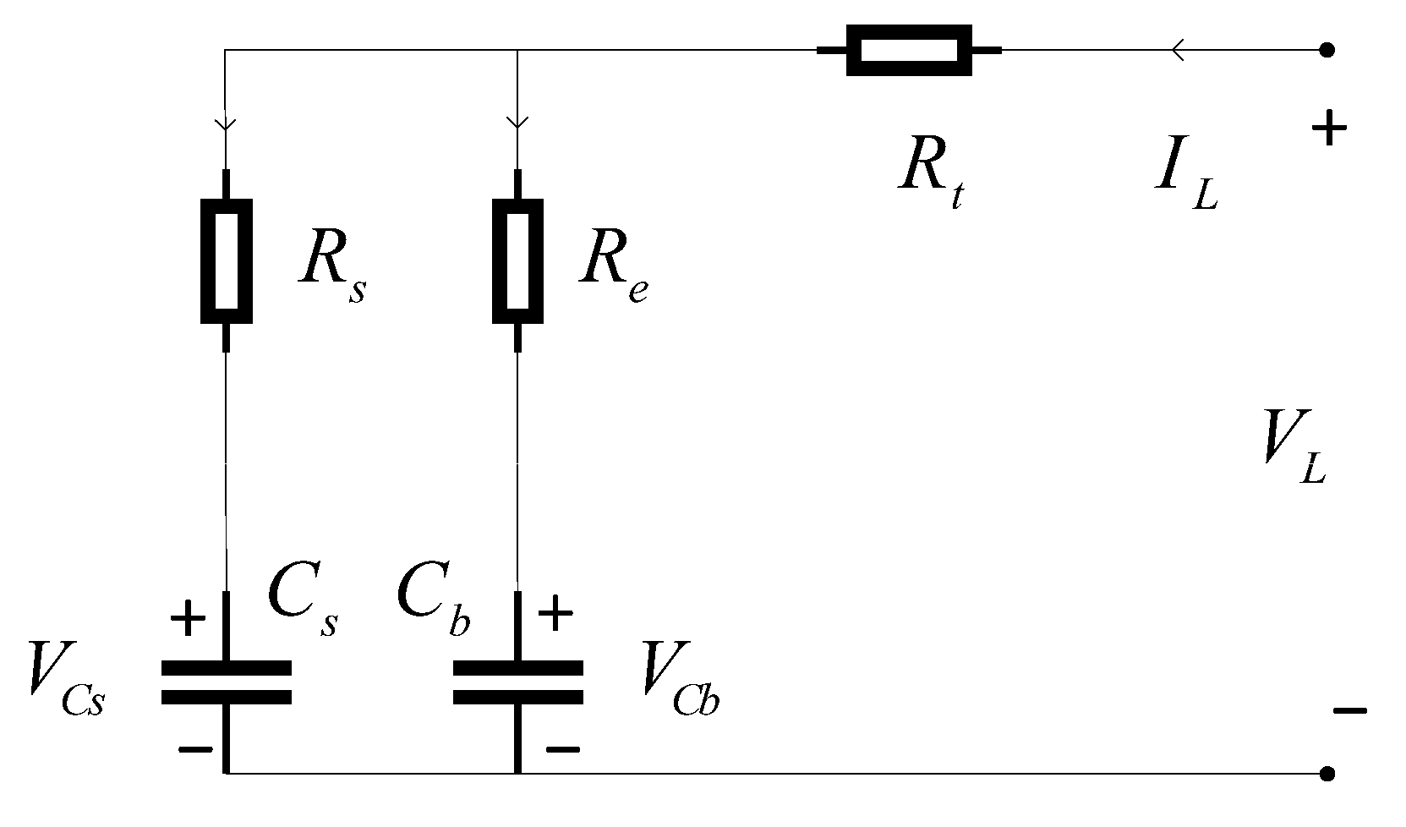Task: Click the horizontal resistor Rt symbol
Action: [x=909, y=51]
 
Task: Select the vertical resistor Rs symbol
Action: [x=226, y=260]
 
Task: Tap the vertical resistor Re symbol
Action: [x=517, y=260]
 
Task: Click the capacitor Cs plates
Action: [x=226, y=682]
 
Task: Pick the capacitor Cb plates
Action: [x=517, y=682]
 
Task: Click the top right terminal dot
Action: [x=1327, y=50]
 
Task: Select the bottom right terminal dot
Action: [x=1327, y=773]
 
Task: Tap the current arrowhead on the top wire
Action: [x=1176, y=51]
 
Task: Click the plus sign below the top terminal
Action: [x=1328, y=130]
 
